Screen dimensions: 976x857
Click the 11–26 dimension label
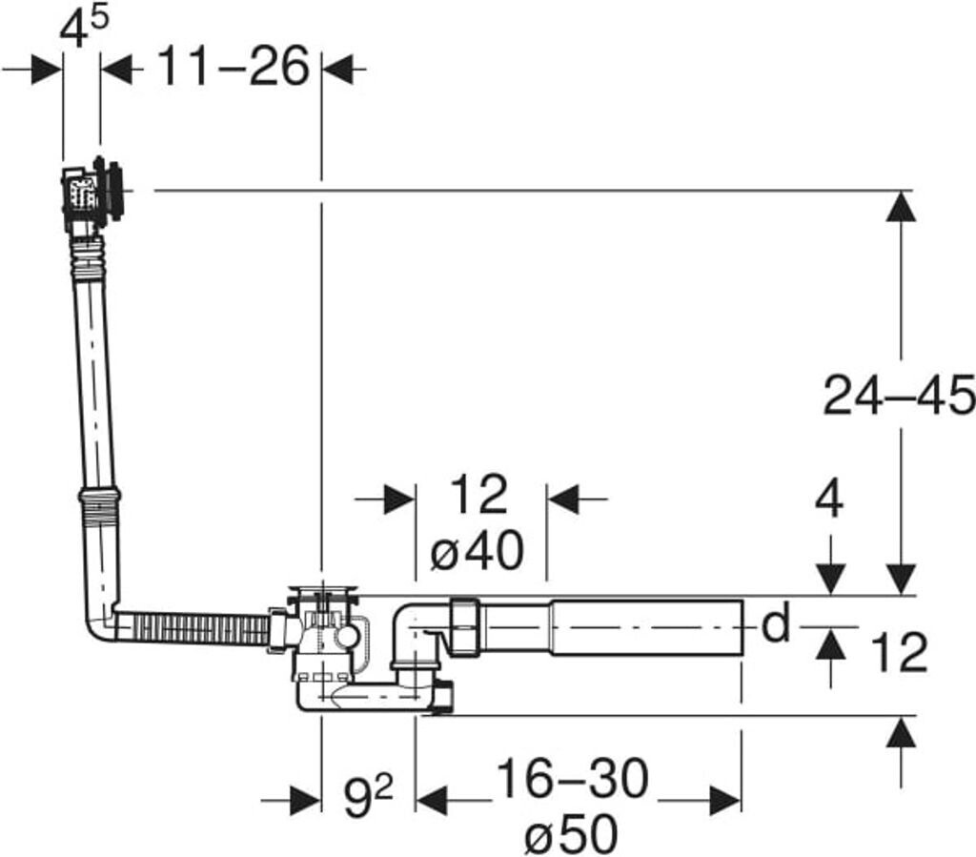(233, 66)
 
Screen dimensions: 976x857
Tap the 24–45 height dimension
(899, 396)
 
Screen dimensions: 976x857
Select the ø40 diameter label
(478, 551)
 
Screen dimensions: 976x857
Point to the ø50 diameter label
(572, 834)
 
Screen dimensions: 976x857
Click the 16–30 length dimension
(573, 779)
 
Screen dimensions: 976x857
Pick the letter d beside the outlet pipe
(776, 622)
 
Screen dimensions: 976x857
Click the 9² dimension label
(368, 797)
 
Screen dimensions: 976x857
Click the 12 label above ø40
(478, 495)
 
